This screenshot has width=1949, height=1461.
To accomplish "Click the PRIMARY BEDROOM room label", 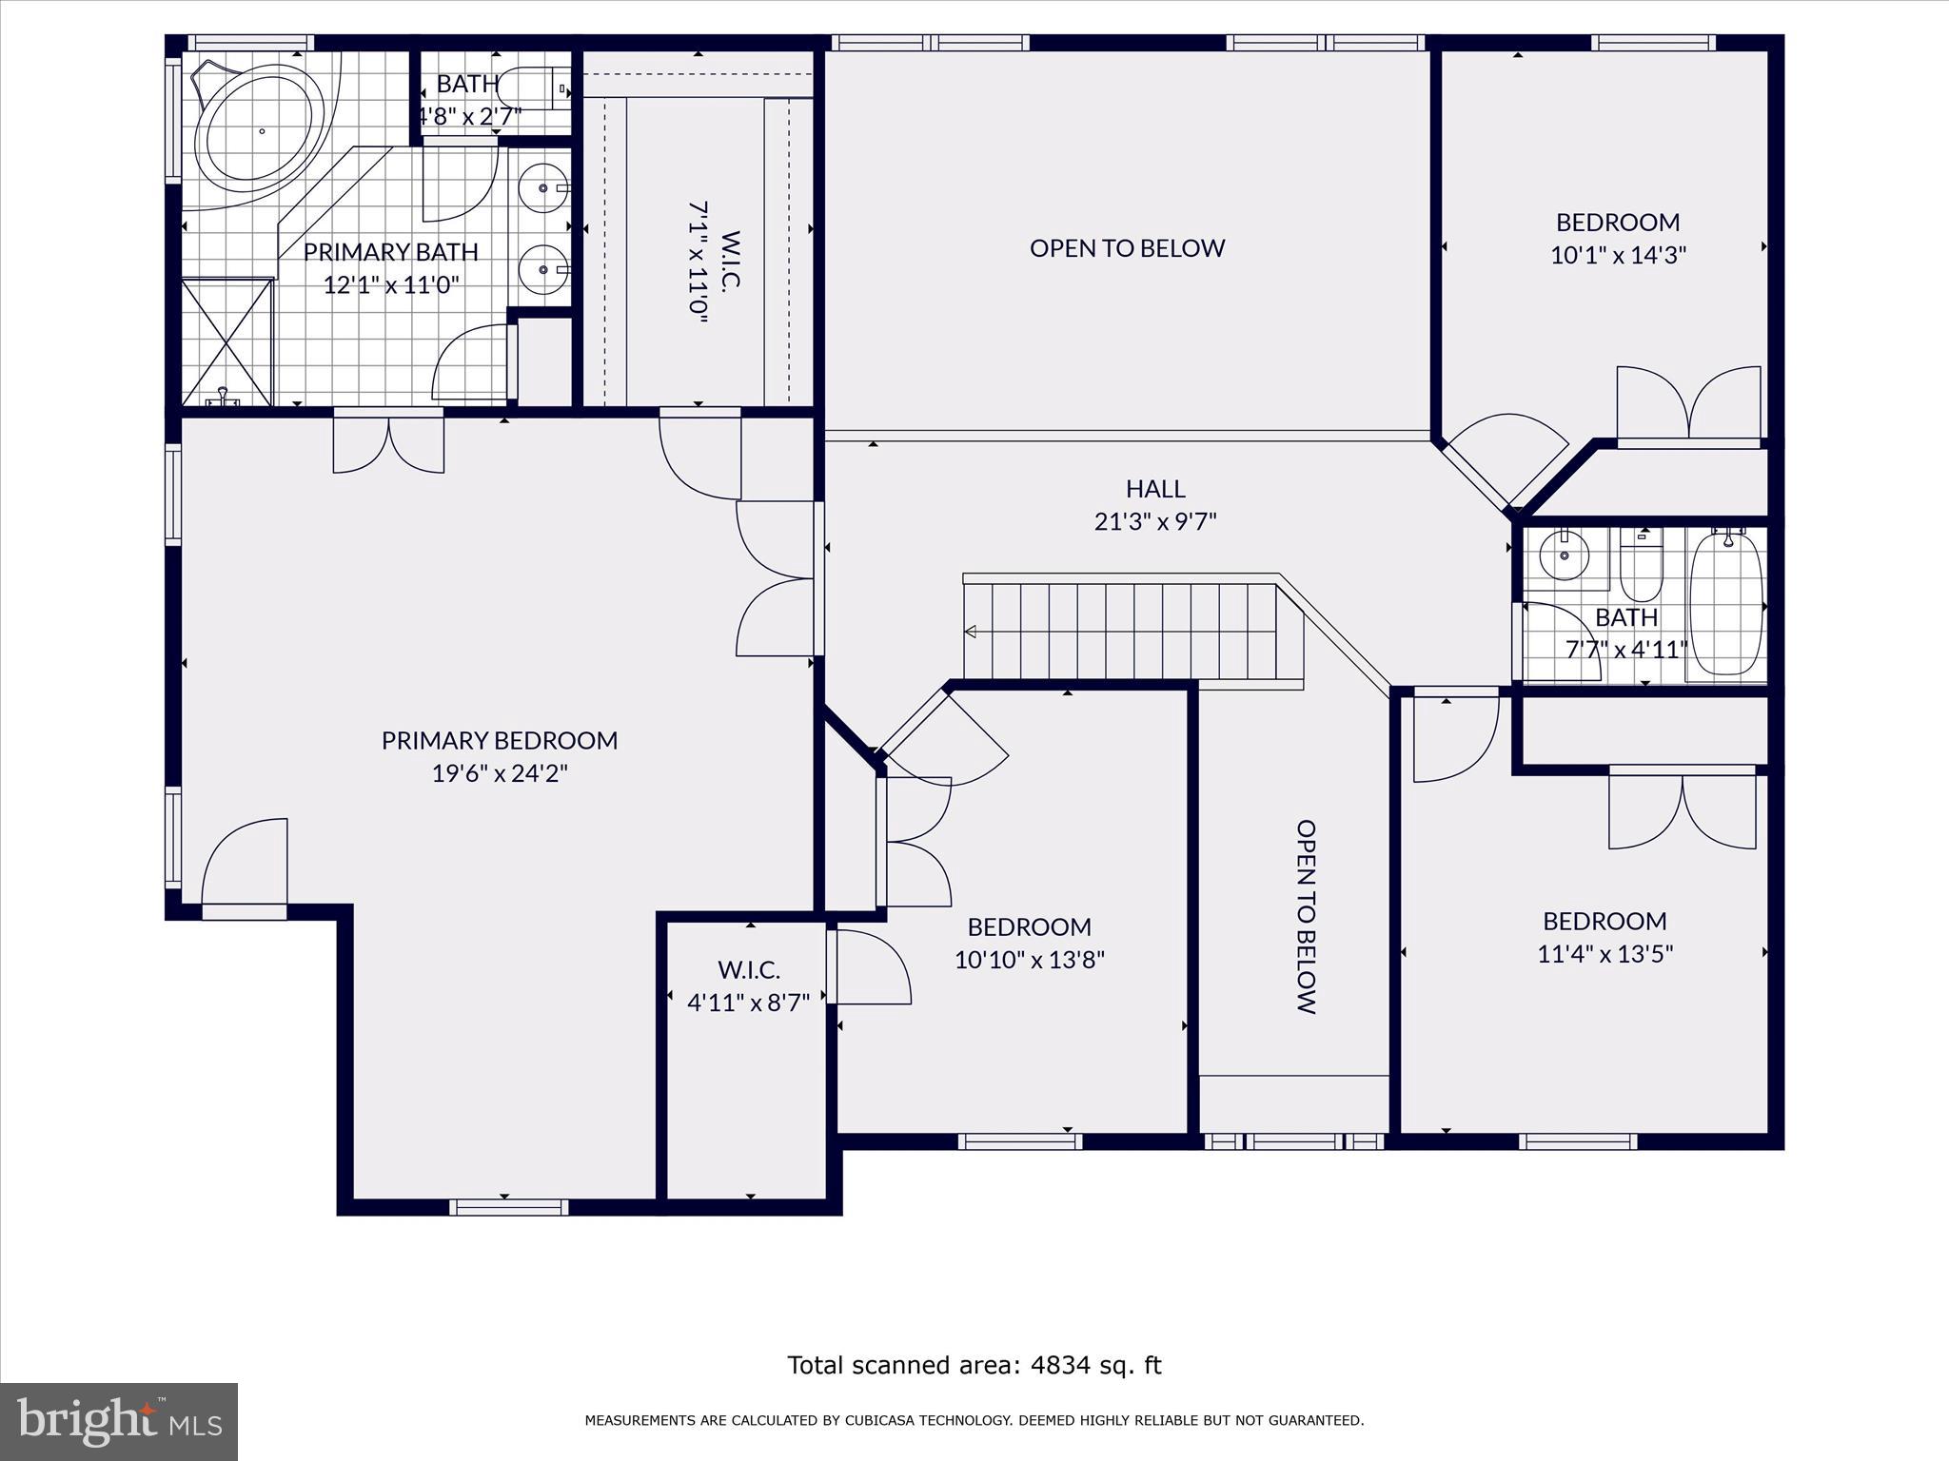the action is coord(500,740).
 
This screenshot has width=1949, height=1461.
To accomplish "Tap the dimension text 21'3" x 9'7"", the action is coord(1155,521).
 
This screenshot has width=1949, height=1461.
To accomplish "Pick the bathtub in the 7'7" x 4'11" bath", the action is coord(1726,605).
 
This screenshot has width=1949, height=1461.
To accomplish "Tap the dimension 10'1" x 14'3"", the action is coord(1618,255).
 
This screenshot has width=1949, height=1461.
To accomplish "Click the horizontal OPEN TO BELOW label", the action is coord(1127,248).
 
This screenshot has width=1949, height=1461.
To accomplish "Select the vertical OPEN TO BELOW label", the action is coord(1307,917).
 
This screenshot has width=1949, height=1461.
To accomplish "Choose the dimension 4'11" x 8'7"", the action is coord(748,1002).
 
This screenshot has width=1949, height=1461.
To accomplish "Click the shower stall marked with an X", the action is coord(226,341).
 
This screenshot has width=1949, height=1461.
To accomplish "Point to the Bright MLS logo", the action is coord(119,1422).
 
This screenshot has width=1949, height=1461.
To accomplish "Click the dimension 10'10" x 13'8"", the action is coord(1030,959).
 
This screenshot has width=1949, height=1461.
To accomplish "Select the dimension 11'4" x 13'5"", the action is coord(1604,953).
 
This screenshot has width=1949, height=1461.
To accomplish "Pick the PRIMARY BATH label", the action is coord(390,252).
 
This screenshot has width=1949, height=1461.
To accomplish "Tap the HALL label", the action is coord(1155,489).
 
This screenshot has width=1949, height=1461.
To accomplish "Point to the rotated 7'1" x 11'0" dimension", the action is coord(699,263).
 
